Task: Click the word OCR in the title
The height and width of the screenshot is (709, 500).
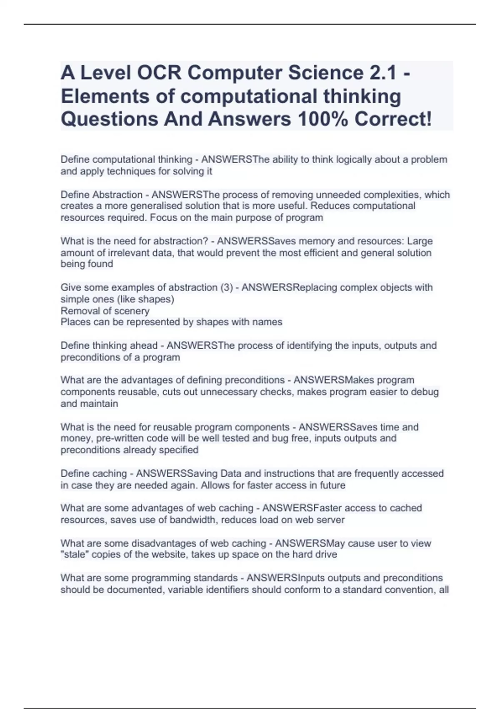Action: click(159, 73)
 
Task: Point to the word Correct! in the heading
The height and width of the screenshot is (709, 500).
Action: click(393, 119)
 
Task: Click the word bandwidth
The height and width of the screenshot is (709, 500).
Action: click(193, 520)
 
